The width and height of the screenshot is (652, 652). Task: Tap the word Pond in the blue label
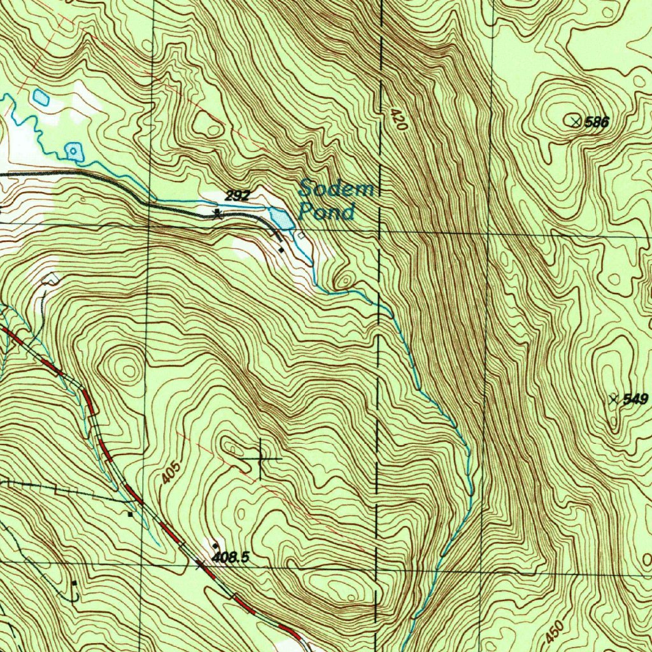[326, 212]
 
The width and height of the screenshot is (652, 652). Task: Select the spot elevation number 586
[597, 122]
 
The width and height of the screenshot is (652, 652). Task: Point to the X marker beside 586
[576, 121]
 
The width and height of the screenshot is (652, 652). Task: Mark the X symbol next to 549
[614, 399]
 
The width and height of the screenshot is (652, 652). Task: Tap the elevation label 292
[236, 196]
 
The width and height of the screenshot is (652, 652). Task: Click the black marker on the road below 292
[218, 213]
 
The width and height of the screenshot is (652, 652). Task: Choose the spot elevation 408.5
[229, 558]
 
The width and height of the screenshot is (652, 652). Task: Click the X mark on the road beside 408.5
[201, 563]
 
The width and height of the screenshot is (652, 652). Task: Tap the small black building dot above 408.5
[216, 546]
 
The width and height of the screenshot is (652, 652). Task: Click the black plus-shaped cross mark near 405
[262, 458]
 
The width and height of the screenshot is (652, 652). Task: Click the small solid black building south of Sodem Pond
[281, 250]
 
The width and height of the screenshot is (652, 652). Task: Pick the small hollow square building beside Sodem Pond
[301, 235]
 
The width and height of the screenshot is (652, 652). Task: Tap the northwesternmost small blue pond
[41, 97]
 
